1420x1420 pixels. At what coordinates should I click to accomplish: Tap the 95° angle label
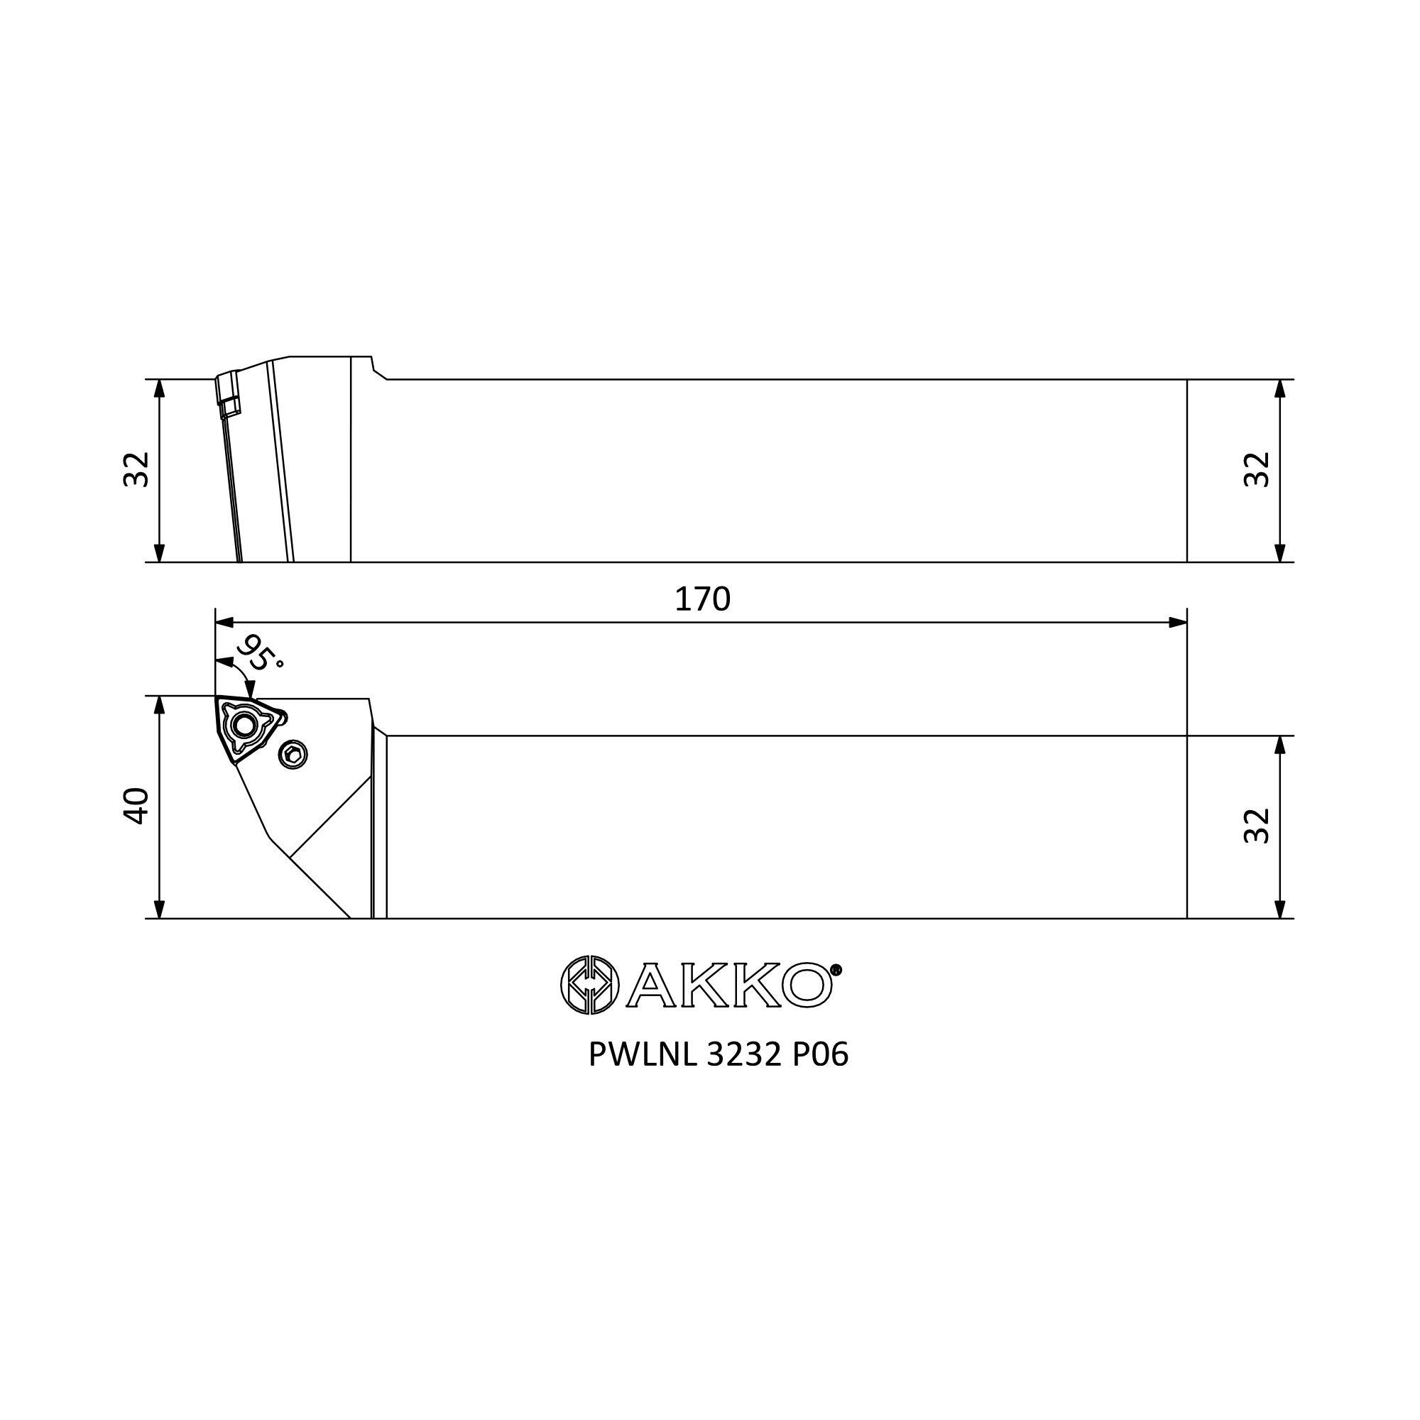coord(259,652)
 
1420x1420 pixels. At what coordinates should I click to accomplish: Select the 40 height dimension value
coord(136,807)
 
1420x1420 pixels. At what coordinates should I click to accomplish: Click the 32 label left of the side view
coord(136,469)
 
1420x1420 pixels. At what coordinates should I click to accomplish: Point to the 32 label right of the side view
coord(1257,469)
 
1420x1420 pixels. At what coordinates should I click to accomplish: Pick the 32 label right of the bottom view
coord(1257,826)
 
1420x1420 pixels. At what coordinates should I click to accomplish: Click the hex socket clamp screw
coord(293,754)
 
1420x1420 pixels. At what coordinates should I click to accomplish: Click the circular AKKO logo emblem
coord(589,985)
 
